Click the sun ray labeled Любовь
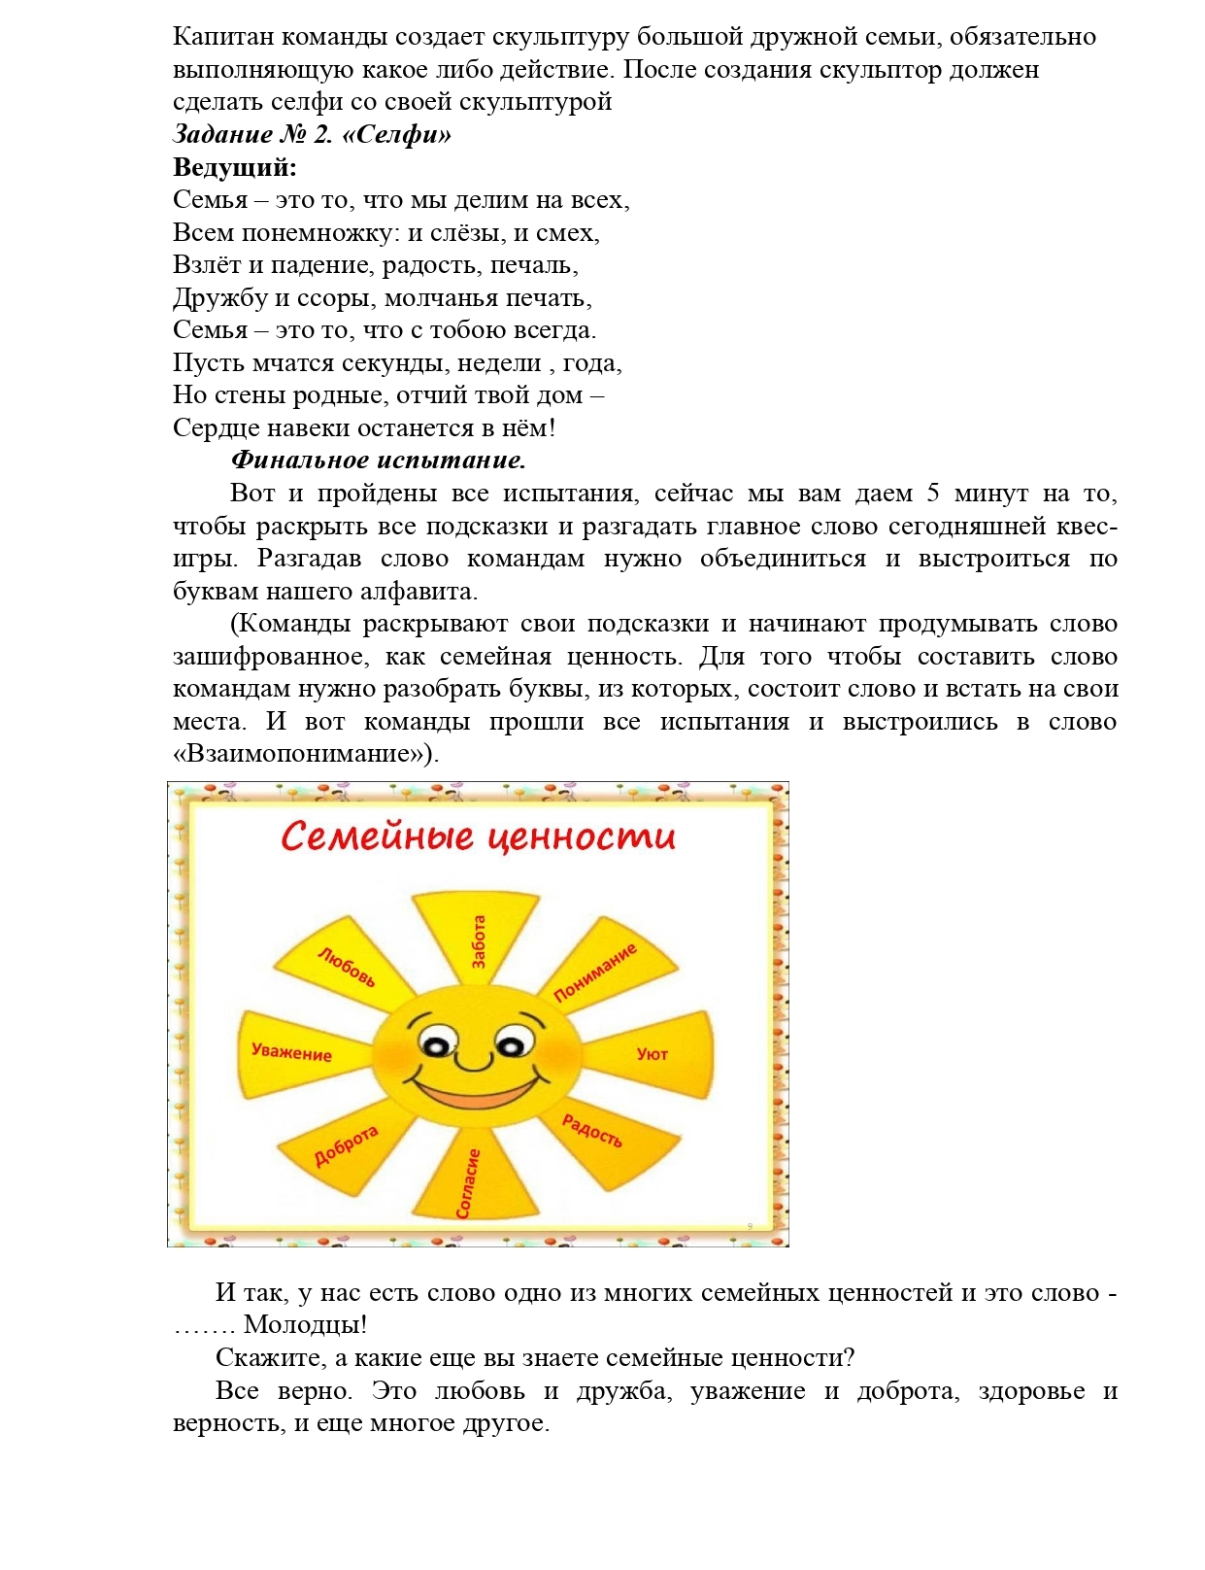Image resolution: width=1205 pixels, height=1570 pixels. click(x=346, y=967)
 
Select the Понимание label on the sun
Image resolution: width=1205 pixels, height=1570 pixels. click(x=595, y=972)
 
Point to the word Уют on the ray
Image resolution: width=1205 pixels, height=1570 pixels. click(x=652, y=1054)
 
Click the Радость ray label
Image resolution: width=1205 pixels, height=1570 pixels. click(x=592, y=1131)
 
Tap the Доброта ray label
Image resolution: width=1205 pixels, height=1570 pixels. click(x=346, y=1146)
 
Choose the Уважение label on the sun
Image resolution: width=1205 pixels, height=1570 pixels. click(x=291, y=1052)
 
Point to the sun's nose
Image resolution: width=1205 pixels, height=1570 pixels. click(x=474, y=1059)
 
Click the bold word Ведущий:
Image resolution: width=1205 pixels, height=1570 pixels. click(x=234, y=167)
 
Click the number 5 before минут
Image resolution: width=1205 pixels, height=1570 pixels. click(x=933, y=494)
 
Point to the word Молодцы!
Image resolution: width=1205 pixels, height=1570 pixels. click(x=305, y=1325)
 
